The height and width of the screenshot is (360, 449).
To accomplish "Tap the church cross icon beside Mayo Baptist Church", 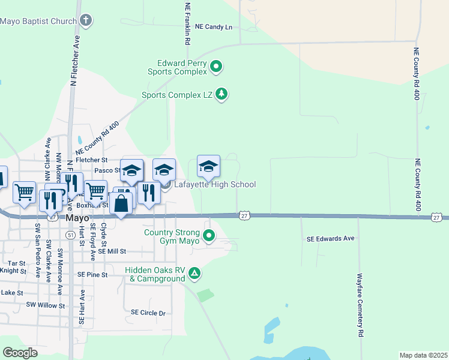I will click(86, 21).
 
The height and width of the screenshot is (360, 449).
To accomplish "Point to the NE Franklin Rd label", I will click(187, 24).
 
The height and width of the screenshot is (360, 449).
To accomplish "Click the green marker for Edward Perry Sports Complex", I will click(217, 67).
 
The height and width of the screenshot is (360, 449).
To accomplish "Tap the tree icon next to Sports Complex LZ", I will click(222, 94).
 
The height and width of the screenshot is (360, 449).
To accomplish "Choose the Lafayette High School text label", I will click(215, 185).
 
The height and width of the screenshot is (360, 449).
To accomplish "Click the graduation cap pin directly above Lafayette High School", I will click(208, 167).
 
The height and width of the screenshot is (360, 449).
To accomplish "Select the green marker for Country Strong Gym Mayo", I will click(209, 236).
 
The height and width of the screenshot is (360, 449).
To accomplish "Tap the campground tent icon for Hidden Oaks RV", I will click(194, 274).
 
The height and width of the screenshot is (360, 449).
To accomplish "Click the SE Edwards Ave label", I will click(330, 239).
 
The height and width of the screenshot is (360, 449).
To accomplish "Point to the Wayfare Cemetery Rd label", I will click(360, 304).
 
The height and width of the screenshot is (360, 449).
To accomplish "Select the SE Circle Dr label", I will click(148, 313).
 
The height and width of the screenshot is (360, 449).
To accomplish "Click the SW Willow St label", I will click(45, 305).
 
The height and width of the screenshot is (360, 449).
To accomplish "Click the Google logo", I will click(20, 352).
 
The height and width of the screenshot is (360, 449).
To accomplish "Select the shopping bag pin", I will click(121, 203).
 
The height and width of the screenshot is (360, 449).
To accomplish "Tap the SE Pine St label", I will click(92, 274).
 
